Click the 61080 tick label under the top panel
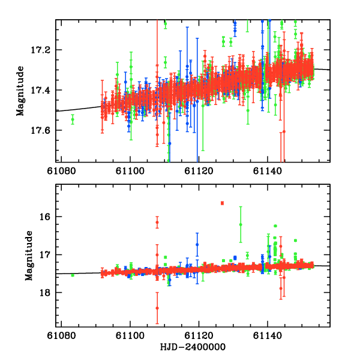click(x=62, y=170)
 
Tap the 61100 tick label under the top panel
click(x=130, y=170)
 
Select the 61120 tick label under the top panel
click(x=199, y=170)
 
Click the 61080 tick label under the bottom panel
click(x=62, y=336)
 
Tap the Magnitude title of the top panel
click(x=20, y=91)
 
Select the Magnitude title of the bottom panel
click(x=28, y=256)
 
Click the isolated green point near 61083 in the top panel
click(x=73, y=119)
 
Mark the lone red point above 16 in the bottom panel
click(x=222, y=203)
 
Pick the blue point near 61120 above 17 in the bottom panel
click(x=197, y=244)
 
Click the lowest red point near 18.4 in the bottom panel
click(x=157, y=308)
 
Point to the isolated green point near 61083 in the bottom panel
click(x=73, y=275)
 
